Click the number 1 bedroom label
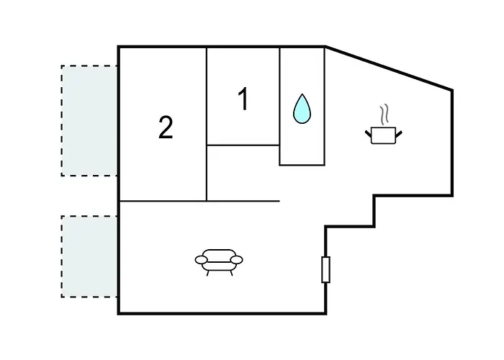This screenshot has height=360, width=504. click(244, 99)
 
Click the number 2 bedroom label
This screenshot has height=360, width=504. click(166, 127)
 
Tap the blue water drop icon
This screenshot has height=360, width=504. click(302, 109)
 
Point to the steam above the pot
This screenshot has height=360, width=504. click(384, 114)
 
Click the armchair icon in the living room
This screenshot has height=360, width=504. click(219, 262)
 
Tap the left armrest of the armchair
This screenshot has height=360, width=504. click(202, 260)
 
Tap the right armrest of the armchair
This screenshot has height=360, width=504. click(237, 260)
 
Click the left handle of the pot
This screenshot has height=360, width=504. click(369, 134)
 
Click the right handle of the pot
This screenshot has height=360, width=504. click(399, 134)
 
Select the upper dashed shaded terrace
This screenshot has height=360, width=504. click(89, 120)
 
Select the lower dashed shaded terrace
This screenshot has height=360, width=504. click(89, 256)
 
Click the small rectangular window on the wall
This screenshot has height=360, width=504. click(325, 270)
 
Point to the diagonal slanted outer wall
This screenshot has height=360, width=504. click(389, 68)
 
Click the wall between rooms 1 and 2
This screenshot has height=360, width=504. click(207, 124)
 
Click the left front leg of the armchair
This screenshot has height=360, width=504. click(208, 273)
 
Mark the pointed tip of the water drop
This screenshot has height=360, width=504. click(302, 94)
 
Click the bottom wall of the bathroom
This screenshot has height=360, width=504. click(302, 165)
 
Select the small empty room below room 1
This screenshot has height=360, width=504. click(243, 173)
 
